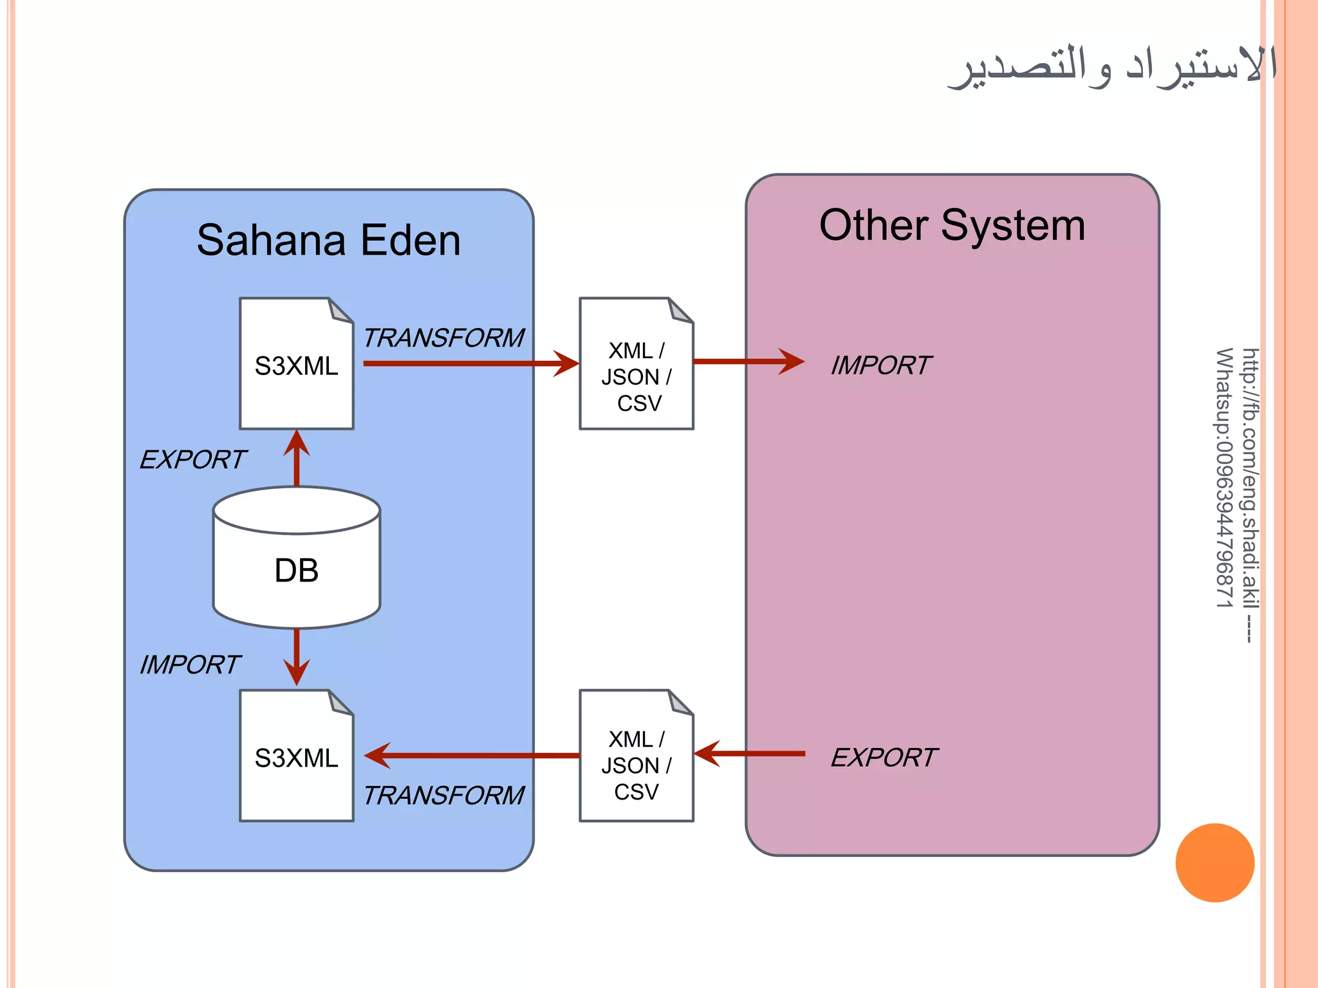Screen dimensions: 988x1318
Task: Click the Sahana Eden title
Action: (328, 241)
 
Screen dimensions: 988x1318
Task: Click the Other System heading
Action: (952, 226)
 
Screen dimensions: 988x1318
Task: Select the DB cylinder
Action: (297, 557)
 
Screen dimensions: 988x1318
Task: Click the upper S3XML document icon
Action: (296, 364)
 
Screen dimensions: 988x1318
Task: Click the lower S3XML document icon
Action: (296, 756)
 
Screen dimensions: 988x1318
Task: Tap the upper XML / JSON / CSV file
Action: (636, 364)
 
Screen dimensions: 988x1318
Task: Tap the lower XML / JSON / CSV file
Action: (636, 756)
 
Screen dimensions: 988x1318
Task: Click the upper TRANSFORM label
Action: (443, 338)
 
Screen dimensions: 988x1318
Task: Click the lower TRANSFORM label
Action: (443, 796)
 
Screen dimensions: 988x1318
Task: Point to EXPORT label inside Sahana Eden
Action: (192, 460)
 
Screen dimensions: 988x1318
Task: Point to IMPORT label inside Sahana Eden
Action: (190, 665)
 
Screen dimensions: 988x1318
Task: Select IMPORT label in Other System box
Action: (880, 365)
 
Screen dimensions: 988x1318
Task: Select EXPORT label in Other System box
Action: (884, 758)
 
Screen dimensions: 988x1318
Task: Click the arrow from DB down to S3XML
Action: (297, 656)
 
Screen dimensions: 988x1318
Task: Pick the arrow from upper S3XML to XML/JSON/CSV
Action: (470, 363)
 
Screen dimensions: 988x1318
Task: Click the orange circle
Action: (1214, 863)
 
